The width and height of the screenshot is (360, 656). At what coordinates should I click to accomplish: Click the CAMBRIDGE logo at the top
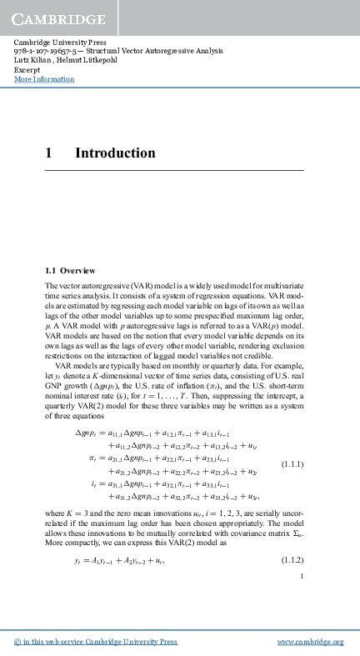tap(58, 18)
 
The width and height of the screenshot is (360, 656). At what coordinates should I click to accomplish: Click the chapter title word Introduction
tap(115, 153)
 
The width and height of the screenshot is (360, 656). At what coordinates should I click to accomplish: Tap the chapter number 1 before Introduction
tap(50, 153)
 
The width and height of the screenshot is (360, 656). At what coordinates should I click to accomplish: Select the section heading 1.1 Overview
tap(71, 271)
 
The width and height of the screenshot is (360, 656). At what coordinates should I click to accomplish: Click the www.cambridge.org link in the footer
tap(310, 642)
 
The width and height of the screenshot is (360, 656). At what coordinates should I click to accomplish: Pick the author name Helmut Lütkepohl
tap(87, 61)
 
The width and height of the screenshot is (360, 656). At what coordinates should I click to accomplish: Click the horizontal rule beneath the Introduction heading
tap(174, 171)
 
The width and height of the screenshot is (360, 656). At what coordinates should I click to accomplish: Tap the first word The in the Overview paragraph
tap(52, 286)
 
